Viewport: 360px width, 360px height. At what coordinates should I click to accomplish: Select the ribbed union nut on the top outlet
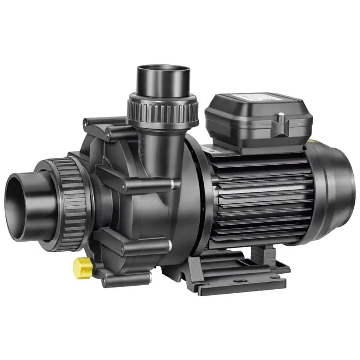[x=162, y=109]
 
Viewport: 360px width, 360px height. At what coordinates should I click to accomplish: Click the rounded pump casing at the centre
[x=148, y=207]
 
